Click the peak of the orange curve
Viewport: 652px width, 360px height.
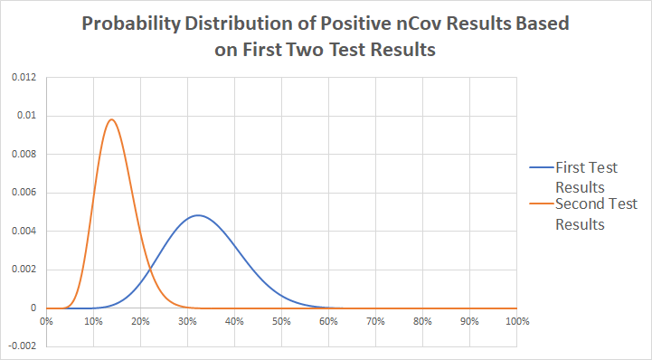pos(111,119)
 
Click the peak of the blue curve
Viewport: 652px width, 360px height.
pos(197,215)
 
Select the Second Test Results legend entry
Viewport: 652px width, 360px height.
pos(585,213)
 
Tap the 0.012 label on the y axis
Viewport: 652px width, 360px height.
pos(24,77)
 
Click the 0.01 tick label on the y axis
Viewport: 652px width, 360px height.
pos(27,116)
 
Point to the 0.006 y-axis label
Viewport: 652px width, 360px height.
pos(24,193)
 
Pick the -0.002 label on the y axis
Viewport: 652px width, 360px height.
pos(22,346)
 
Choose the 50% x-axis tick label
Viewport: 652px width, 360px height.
pos(281,320)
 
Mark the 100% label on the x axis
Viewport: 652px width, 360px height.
pos(516,320)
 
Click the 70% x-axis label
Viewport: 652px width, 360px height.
pos(375,320)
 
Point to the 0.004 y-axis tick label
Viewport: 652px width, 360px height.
pos(24,232)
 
